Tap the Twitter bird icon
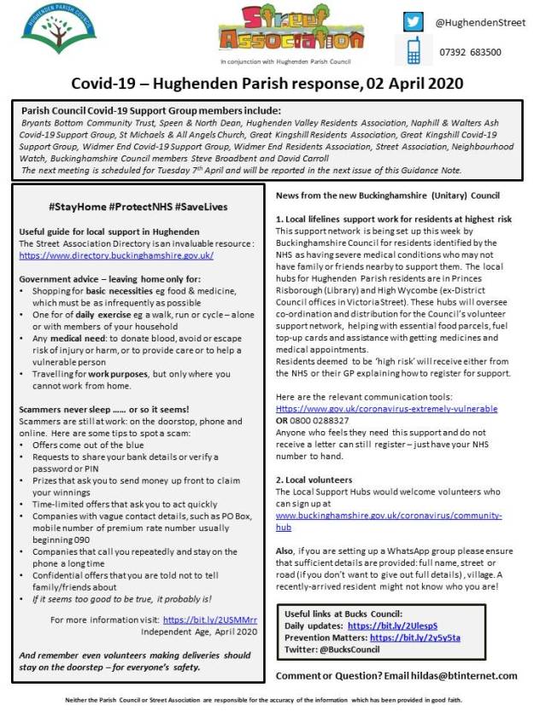click(414, 22)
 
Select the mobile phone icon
click(414, 51)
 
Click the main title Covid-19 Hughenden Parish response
click(267, 84)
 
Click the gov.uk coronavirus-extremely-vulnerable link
click(386, 409)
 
